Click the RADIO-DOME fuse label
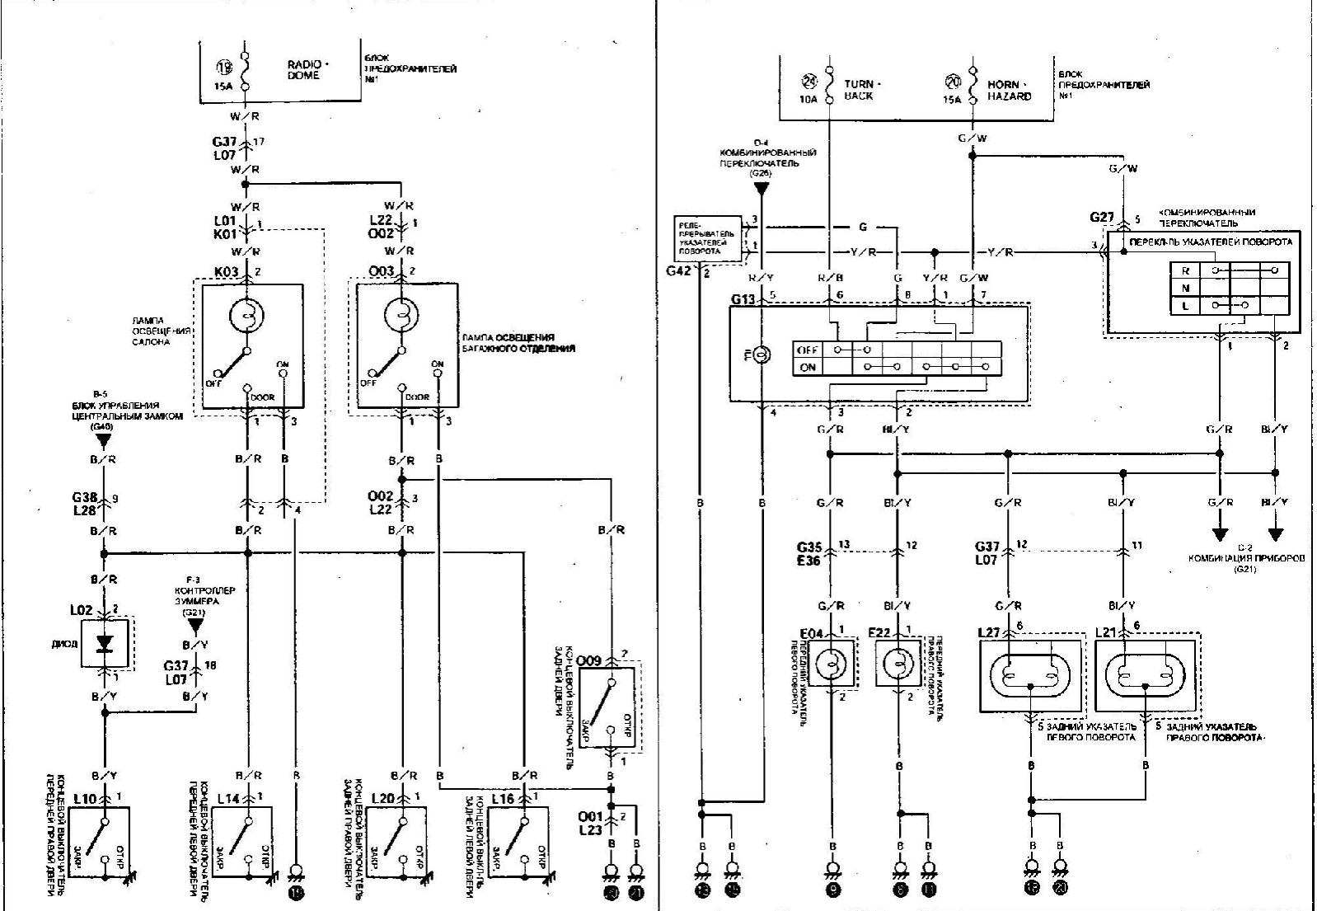[x=307, y=69]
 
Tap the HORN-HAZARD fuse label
[x=1009, y=90]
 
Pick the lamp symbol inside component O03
[x=401, y=315]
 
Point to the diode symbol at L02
[x=104, y=644]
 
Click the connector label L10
[x=85, y=799]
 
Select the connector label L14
[x=228, y=799]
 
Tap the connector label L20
[x=382, y=799]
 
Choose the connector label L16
[x=503, y=799]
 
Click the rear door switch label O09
[x=588, y=661]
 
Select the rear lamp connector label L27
[x=989, y=632]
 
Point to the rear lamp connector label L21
[x=1106, y=632]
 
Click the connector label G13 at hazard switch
[x=743, y=298]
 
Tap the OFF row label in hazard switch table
[x=808, y=350]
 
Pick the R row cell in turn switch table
[x=1185, y=270]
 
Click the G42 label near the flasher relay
[x=680, y=270]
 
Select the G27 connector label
[x=1102, y=217]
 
